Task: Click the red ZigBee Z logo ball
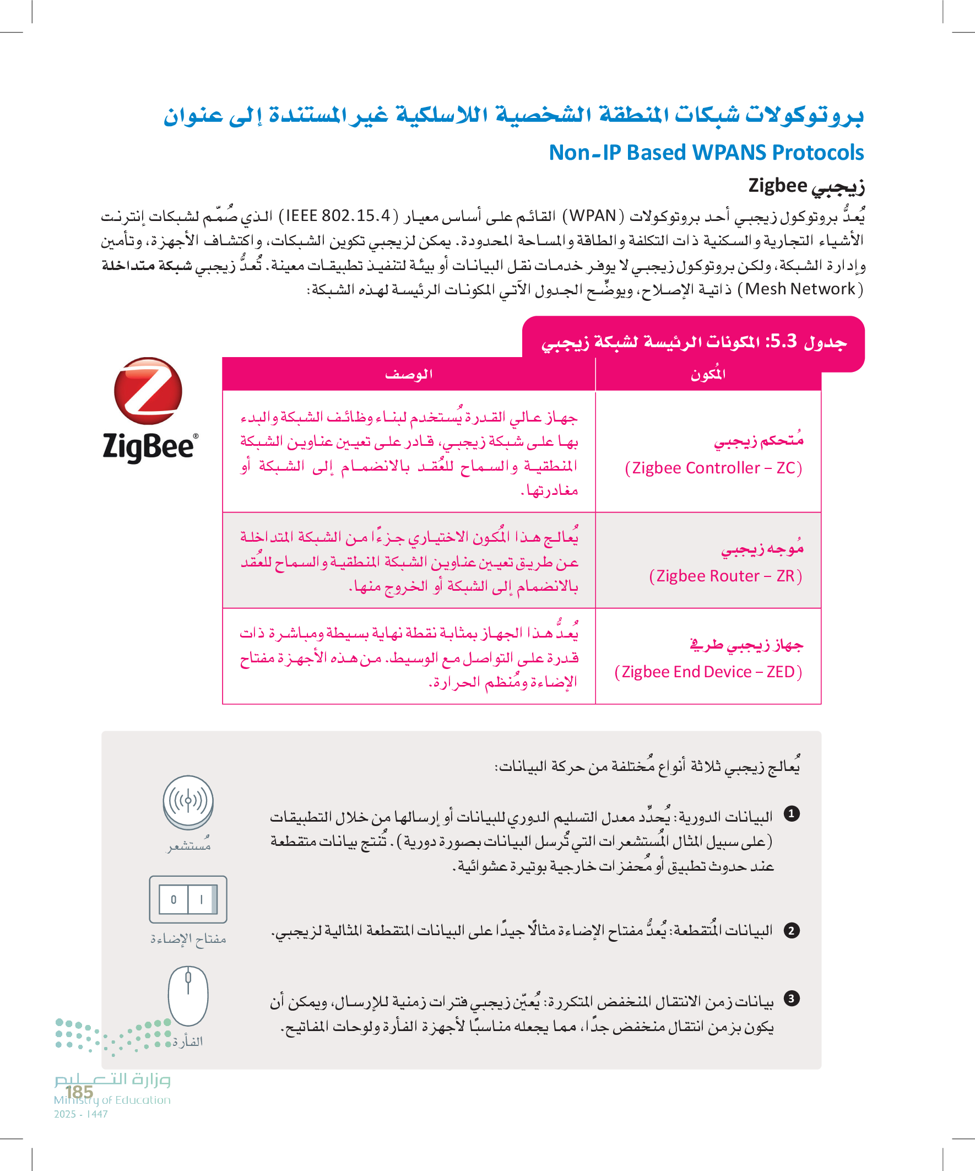pos(148,391)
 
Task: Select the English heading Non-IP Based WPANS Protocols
pos(706,153)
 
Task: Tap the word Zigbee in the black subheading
pos(777,185)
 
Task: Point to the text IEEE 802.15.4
pos(338,216)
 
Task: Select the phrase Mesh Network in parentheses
pos(799,289)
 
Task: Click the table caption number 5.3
pos(783,341)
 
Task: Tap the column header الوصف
pos(409,374)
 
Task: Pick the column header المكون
pos(708,374)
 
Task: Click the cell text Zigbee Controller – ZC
pos(713,468)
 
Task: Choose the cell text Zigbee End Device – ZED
pos(707,672)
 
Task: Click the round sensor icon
pos(188,801)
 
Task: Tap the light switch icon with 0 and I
pos(188,899)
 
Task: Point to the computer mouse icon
pos(188,996)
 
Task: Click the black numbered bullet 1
pos(792,814)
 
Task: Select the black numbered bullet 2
pos(792,930)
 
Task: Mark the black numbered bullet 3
pos(792,998)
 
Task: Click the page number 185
pos(79,1092)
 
